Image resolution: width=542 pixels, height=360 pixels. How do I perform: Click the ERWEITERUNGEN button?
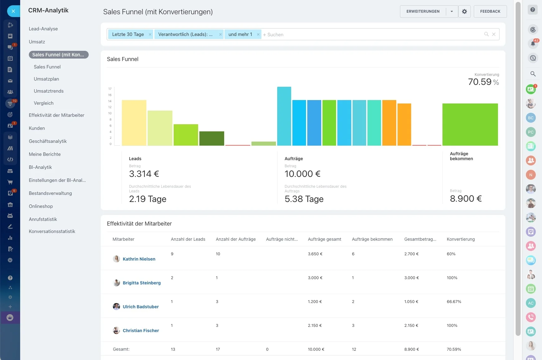423,11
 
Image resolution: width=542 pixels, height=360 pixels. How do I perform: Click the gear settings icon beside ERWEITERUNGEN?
464,11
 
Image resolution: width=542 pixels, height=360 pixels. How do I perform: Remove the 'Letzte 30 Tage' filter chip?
150,34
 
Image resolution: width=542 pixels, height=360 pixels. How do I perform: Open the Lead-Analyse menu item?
43,29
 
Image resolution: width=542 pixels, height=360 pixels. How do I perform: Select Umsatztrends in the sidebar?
49,91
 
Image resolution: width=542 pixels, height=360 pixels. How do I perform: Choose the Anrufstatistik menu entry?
43,219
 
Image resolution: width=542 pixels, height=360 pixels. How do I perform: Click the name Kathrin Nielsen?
139,259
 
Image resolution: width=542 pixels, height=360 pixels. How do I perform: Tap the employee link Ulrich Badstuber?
141,307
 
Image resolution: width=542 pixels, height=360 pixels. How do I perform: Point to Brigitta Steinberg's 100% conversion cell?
452,278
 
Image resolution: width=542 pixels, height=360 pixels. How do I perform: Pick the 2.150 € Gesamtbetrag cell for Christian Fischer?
411,326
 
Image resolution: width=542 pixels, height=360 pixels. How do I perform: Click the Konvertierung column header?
461,239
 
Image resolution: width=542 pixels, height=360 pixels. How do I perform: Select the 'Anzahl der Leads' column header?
188,239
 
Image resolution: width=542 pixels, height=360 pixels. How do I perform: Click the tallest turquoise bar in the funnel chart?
284,116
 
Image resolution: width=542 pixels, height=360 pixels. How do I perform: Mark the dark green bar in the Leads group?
212,138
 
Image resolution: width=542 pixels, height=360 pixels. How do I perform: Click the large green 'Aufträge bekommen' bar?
470,125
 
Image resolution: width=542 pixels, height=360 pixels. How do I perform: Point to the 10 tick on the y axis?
110,113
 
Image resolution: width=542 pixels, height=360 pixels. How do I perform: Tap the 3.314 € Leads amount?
144,174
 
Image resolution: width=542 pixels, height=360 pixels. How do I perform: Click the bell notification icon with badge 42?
533,44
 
